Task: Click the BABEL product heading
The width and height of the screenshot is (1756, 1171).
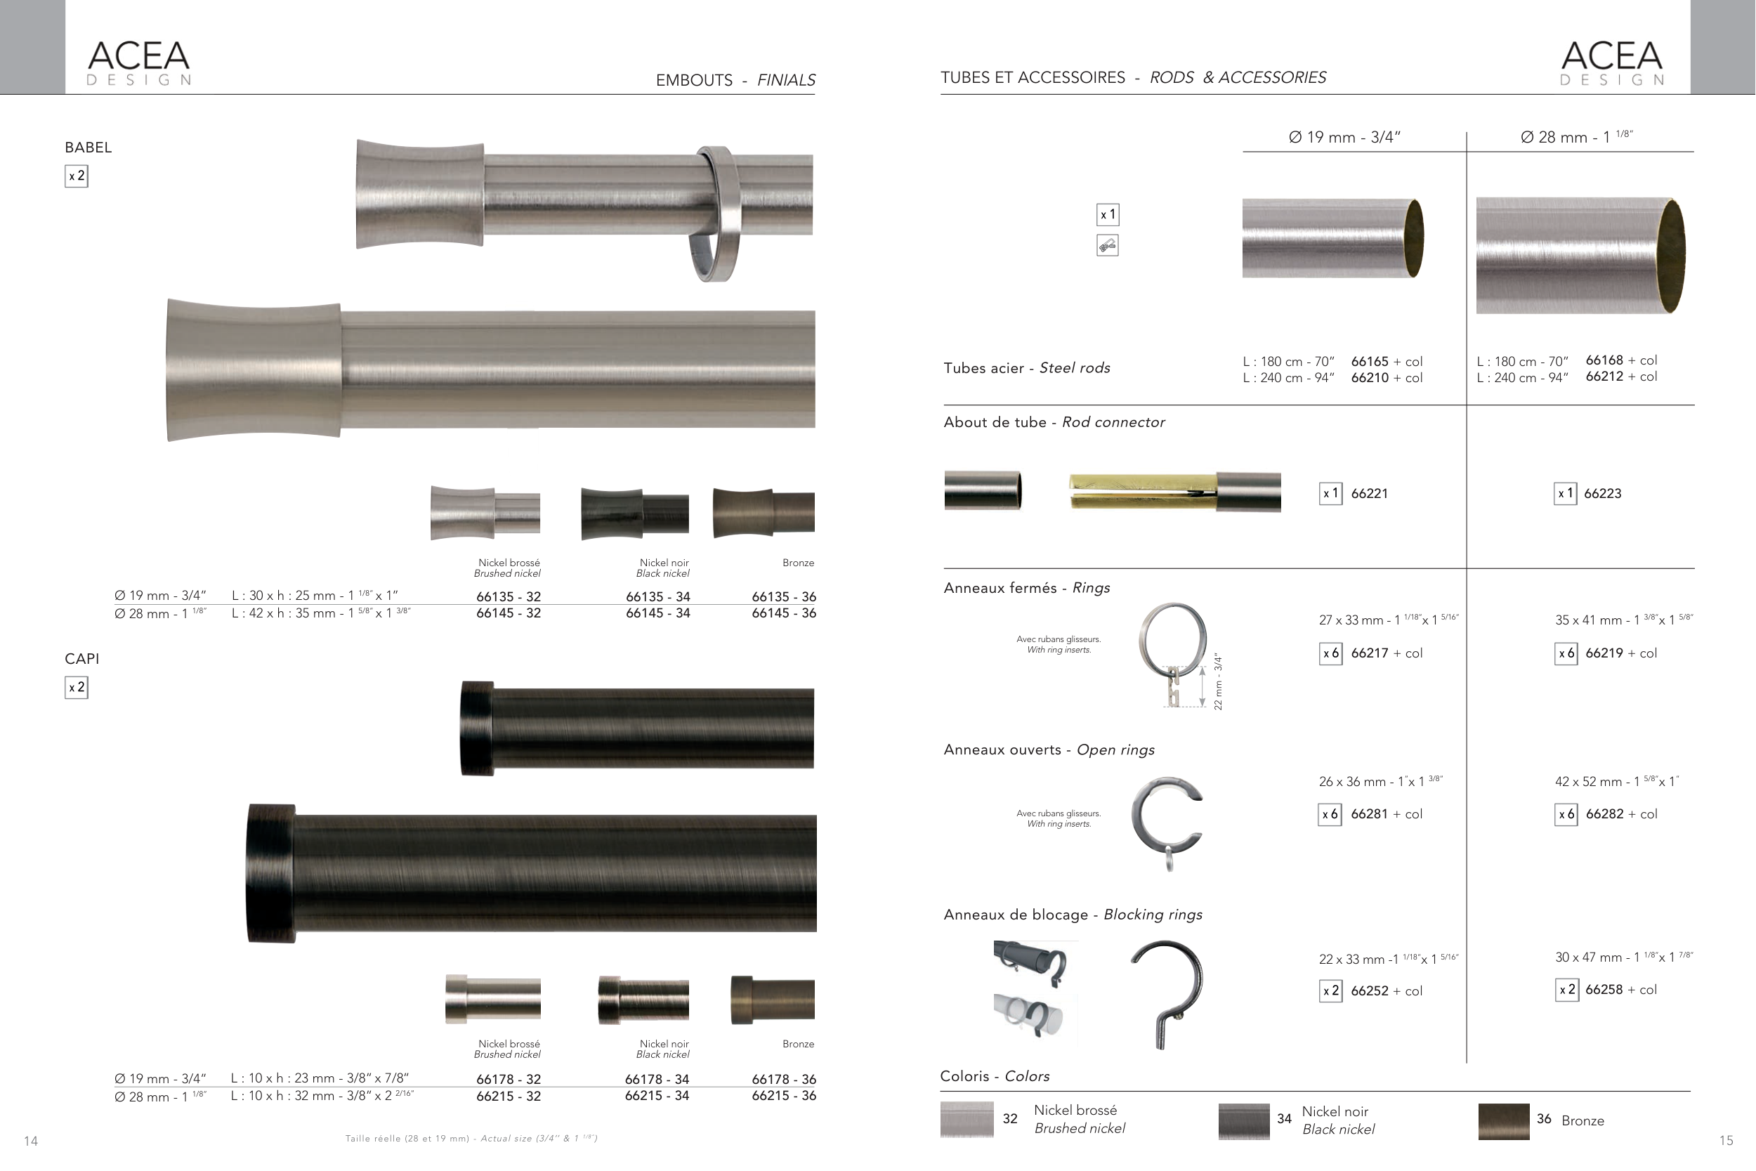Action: coord(88,147)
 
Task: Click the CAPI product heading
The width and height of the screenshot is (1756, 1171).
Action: coord(82,659)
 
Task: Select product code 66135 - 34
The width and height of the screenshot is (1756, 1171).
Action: coord(657,596)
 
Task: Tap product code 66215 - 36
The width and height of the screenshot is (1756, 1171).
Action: coord(784,1096)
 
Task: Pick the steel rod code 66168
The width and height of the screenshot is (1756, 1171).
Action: coord(1604,360)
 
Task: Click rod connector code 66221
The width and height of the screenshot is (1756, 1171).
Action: coord(1369,494)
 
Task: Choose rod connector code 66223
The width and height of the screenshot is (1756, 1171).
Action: coord(1603,494)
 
